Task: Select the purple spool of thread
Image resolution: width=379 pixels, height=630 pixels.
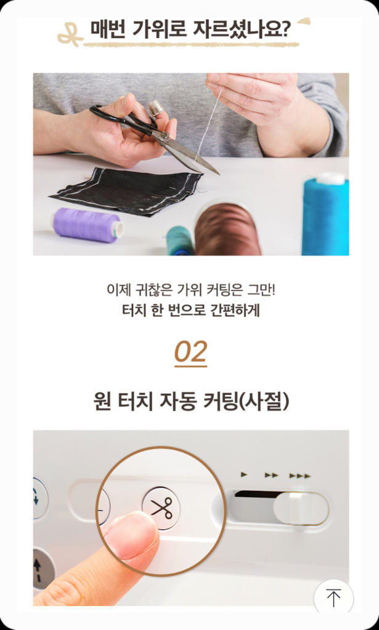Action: [87, 224]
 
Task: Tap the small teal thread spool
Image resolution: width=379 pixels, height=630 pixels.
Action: [179, 240]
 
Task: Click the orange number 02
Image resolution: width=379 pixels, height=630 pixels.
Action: [190, 352]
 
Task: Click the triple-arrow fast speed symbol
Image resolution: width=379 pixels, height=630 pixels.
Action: [300, 476]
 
